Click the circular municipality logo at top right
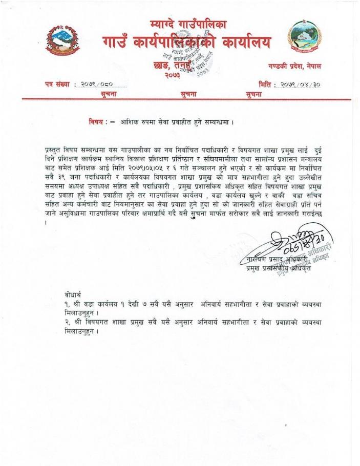click(x=305, y=37)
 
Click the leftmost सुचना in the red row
click(x=112, y=94)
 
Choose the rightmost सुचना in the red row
click(x=254, y=94)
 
